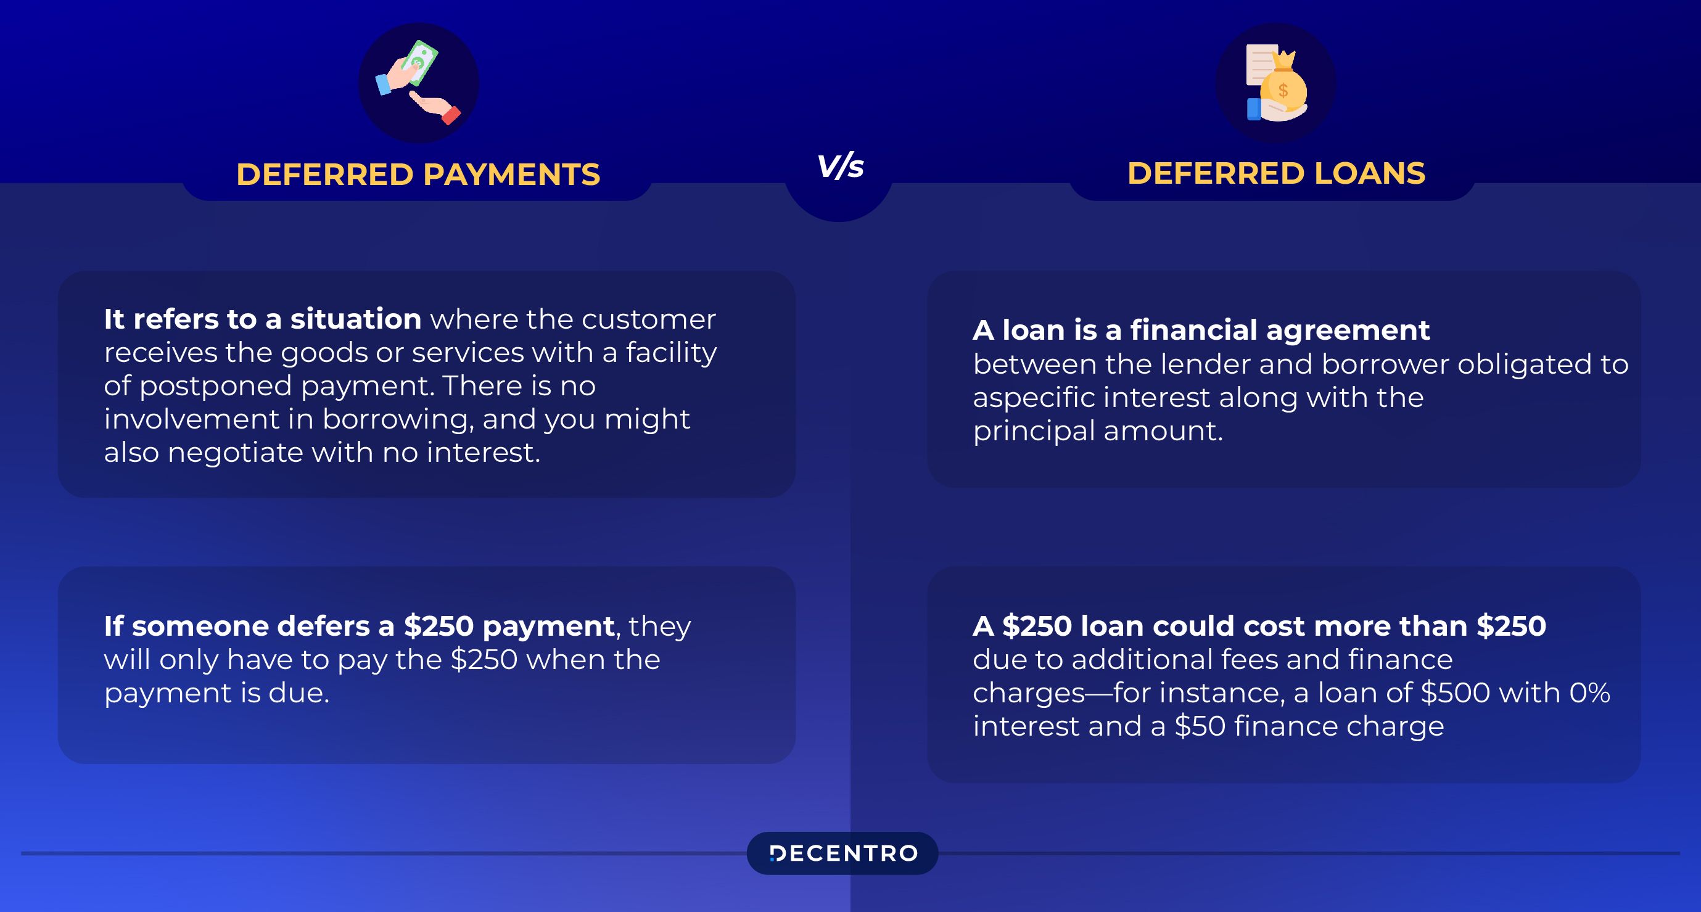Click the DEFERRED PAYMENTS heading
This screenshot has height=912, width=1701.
[418, 175]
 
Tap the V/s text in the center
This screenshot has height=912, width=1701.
[840, 166]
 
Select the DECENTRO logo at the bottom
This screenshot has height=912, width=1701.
[842, 853]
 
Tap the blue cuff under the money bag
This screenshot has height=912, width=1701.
[1254, 109]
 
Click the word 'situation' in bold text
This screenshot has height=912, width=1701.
[356, 319]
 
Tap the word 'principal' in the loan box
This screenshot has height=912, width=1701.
[1034, 431]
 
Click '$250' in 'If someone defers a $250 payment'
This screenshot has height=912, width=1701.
[439, 625]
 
